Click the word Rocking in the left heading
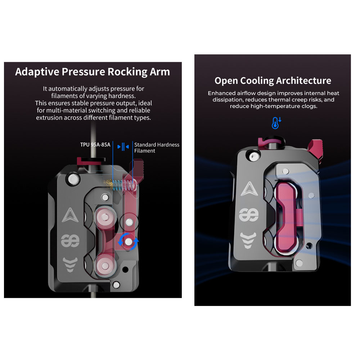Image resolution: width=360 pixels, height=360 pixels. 127,72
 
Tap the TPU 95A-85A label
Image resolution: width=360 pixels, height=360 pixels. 95,145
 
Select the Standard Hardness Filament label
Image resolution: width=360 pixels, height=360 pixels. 157,148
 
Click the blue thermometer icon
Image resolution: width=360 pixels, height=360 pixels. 276,123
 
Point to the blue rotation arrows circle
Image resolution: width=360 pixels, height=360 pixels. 129,242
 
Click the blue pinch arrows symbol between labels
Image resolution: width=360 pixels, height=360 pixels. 123,147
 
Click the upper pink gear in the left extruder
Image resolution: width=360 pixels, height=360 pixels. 105,217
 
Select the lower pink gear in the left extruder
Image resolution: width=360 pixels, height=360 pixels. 105,266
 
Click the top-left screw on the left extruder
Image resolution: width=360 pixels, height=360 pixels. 73,179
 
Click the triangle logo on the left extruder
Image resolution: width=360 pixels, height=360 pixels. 70,215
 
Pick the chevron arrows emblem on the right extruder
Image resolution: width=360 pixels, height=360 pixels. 248,240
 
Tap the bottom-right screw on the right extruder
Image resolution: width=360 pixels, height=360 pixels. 299,263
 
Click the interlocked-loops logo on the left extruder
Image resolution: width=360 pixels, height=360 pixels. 70,240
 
